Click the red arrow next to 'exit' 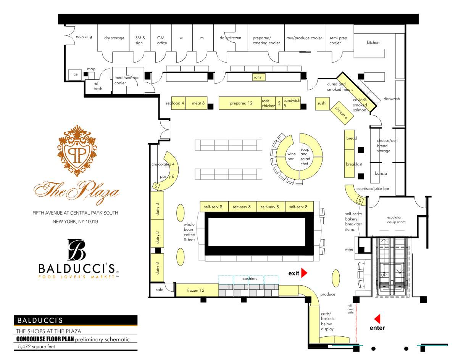pos(304,273)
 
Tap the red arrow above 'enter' pos(377,319)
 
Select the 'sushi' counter pos(322,103)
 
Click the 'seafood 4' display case pos(178,103)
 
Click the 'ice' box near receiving pos(75,74)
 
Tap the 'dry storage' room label pos(114,38)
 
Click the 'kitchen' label pos(373,42)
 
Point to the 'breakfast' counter pos(354,164)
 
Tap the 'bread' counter pos(351,138)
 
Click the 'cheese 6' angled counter pos(342,113)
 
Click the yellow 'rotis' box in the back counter pos(257,77)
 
